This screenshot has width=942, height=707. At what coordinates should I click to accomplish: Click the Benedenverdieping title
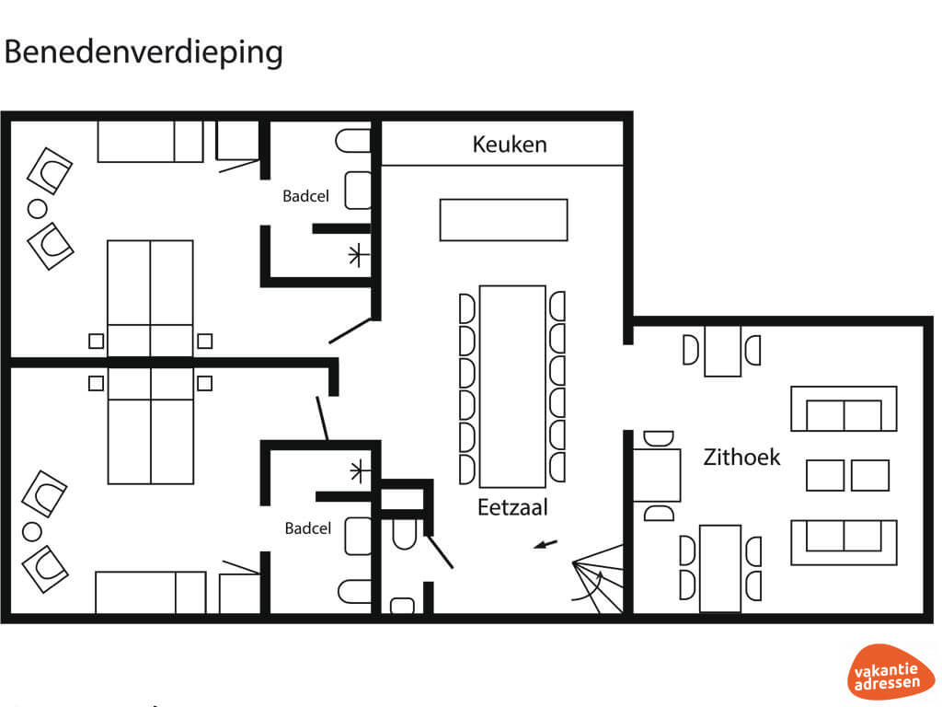[x=143, y=52]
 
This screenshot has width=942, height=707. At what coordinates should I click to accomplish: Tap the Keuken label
[x=510, y=145]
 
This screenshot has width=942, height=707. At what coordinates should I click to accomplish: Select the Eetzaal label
[x=512, y=507]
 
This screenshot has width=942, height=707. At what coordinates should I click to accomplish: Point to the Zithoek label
[x=741, y=457]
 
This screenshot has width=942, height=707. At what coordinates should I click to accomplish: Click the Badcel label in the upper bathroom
[x=305, y=196]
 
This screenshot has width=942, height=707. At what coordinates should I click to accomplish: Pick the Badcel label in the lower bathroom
[x=307, y=528]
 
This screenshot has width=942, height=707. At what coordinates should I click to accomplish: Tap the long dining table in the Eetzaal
[x=512, y=387]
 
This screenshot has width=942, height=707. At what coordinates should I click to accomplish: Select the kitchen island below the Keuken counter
[x=503, y=220]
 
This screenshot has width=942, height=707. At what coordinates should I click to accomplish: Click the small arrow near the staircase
[x=546, y=545]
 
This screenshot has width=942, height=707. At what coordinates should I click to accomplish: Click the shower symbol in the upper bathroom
[x=358, y=255]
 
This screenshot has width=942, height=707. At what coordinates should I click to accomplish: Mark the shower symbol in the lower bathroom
[x=359, y=470]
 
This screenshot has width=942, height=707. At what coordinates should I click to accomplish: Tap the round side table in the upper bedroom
[x=37, y=209]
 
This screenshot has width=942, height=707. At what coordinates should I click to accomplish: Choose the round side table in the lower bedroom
[x=32, y=531]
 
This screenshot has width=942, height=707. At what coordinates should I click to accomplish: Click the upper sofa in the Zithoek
[x=844, y=409]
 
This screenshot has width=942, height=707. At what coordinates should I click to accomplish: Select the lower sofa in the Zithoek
[x=844, y=543]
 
